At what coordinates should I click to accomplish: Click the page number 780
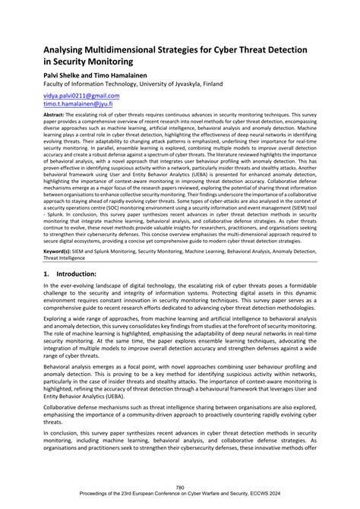[180, 486]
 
